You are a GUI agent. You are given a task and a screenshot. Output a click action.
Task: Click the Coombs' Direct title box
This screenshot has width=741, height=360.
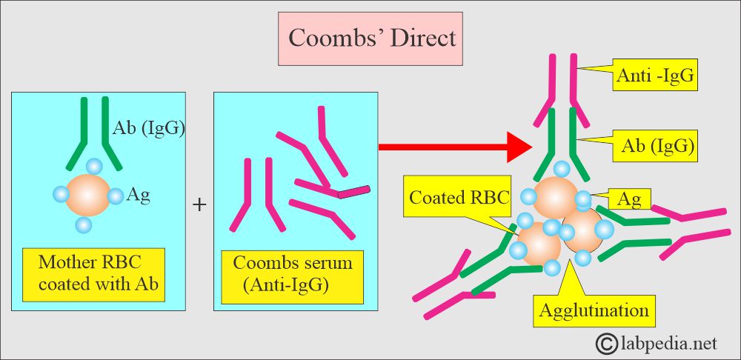click(373, 38)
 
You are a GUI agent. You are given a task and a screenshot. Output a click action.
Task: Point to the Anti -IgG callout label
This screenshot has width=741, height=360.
click(655, 75)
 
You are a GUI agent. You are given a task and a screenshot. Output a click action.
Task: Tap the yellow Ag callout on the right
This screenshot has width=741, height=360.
click(629, 198)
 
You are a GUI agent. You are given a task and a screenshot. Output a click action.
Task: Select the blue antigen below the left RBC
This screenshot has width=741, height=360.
click(84, 223)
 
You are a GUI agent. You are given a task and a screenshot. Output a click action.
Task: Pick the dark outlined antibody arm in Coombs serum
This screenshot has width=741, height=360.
click(355, 192)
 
